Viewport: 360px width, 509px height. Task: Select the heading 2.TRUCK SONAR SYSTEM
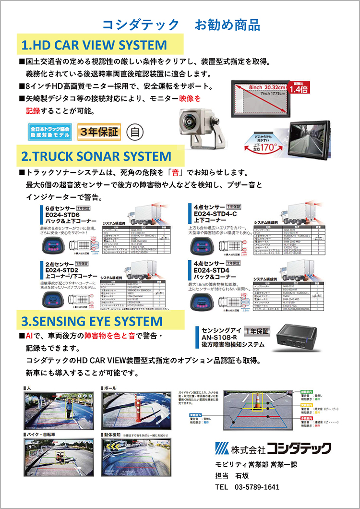pyautogui.click(x=96, y=156)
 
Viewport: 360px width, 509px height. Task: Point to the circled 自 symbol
pyautogui.click(x=133, y=131)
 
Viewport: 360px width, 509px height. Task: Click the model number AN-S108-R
pyautogui.click(x=216, y=337)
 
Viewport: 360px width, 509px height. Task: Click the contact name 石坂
pyautogui.click(x=242, y=476)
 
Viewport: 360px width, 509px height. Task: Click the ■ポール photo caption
pyautogui.click(x=109, y=387)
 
